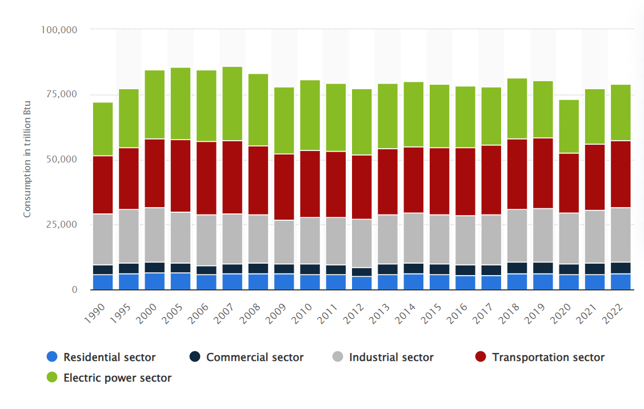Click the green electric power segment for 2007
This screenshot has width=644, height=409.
pyautogui.click(x=232, y=104)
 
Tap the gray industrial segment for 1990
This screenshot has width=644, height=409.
pyautogui.click(x=103, y=240)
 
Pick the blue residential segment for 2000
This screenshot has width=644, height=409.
pyautogui.click(x=155, y=281)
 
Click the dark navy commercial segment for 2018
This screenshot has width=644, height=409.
pyautogui.click(x=517, y=268)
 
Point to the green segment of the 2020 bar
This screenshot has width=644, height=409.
pyautogui.click(x=569, y=126)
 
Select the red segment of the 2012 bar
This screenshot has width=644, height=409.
pyautogui.click(x=362, y=187)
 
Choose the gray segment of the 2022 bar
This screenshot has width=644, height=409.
pyautogui.click(x=621, y=235)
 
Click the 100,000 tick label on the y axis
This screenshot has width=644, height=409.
pyautogui.click(x=60, y=29)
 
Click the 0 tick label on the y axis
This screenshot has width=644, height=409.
pyautogui.click(x=74, y=290)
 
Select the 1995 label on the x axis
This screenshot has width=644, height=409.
pyautogui.click(x=124, y=313)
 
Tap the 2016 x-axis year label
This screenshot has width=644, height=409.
pyautogui.click(x=461, y=313)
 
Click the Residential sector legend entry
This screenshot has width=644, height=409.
pyautogui.click(x=109, y=358)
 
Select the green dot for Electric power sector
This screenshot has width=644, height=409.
pyautogui.click(x=53, y=378)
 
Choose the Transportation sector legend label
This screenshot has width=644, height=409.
pyautogui.click(x=548, y=358)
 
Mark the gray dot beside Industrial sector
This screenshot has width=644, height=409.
pyautogui.click(x=338, y=358)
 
